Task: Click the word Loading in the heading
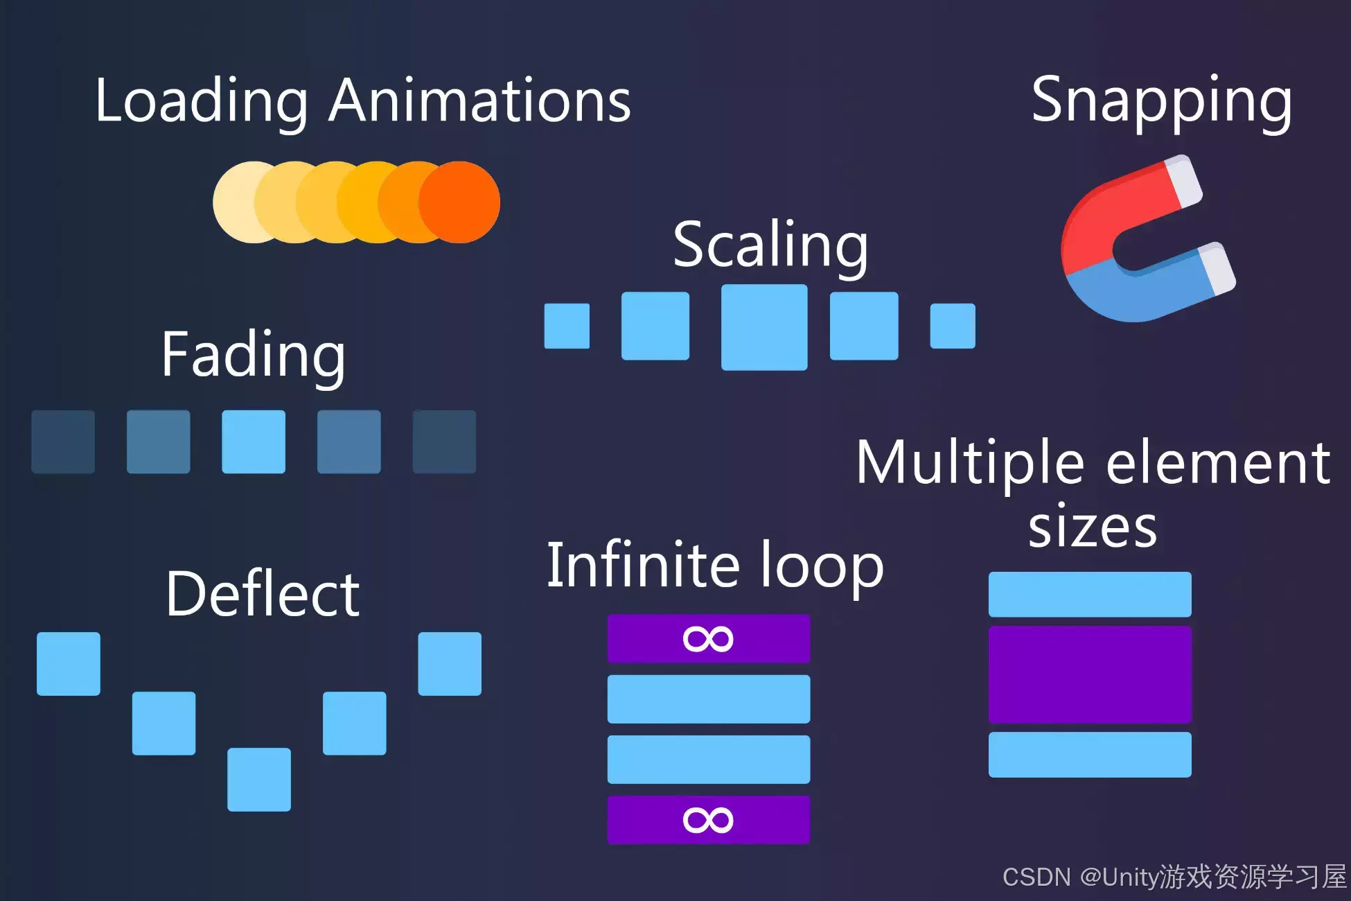point(201,102)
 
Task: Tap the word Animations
point(479,102)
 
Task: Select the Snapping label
point(1161,102)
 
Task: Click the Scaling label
point(770,245)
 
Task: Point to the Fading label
point(253,355)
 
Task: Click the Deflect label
point(263,594)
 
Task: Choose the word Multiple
point(970,463)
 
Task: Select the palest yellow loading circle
point(236,202)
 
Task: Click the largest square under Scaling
point(764,327)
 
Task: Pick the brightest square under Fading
point(254,441)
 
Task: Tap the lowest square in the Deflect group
point(259,779)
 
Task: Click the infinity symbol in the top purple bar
point(707,639)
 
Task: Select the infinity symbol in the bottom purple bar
point(707,821)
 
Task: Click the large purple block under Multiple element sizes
point(1090,674)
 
